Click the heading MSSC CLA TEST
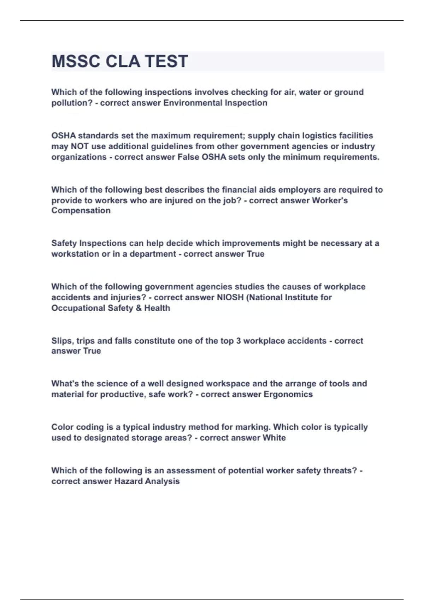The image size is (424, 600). pyautogui.click(x=119, y=61)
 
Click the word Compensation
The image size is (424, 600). pyautogui.click(x=81, y=211)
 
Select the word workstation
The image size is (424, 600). pyautogui.click(x=75, y=254)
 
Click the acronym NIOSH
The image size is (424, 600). pyautogui.click(x=230, y=298)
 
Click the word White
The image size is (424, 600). pyautogui.click(x=274, y=438)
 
